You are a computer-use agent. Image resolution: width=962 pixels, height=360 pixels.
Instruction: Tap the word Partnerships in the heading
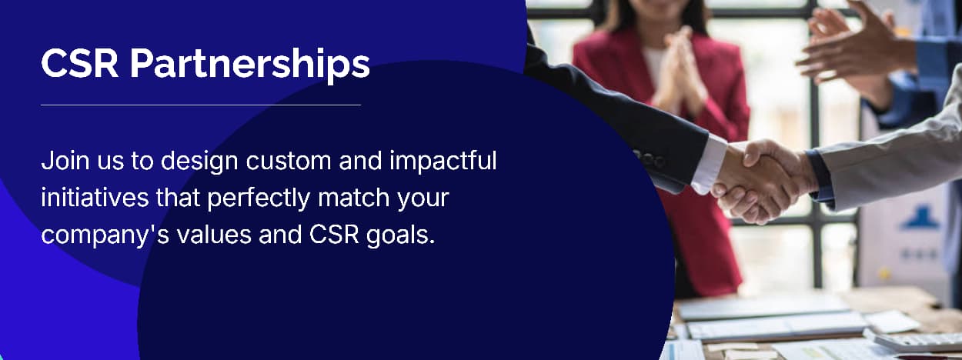point(249,65)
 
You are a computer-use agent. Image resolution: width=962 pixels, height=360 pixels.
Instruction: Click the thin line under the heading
point(201,105)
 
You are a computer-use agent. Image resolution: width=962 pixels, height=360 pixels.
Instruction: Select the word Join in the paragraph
point(65,162)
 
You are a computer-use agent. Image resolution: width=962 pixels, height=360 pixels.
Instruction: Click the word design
point(199,162)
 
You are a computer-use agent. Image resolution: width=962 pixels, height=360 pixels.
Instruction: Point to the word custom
point(288,162)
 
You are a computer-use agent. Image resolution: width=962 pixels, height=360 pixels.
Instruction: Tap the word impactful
point(443,162)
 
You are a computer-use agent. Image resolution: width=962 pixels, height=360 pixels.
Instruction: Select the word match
point(353,198)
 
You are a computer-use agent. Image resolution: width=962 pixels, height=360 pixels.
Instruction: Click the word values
point(214,235)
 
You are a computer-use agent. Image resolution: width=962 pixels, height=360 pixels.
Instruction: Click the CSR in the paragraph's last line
point(334,235)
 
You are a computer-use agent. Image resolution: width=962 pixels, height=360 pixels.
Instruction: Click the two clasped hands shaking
point(761,180)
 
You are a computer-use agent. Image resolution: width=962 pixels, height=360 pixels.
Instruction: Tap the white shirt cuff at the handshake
point(708,164)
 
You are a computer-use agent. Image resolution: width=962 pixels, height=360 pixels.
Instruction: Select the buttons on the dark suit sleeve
point(650,159)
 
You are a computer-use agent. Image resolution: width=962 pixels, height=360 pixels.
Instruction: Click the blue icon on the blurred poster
point(920,218)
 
